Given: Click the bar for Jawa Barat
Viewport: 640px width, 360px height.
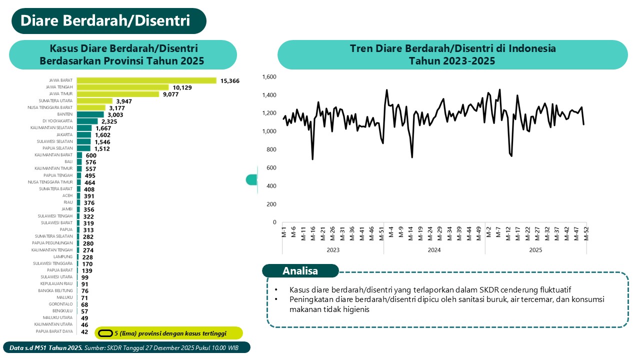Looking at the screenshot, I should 146,80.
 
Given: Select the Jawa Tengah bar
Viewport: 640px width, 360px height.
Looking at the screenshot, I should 122,87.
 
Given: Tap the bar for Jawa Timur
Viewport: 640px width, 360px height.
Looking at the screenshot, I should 117,94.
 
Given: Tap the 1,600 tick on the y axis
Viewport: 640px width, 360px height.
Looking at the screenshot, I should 268,77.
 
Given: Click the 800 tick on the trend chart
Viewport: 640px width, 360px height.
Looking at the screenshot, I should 271,149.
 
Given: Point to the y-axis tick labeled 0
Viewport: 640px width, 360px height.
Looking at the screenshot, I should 274,222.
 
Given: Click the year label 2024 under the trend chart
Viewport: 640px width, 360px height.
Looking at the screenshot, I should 434,250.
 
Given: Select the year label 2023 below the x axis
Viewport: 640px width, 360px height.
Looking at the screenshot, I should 332,250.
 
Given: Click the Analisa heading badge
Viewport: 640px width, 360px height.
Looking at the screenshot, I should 300,271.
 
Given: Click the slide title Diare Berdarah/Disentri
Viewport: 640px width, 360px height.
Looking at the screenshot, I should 105,21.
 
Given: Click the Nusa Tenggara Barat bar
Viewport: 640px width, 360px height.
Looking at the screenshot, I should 91,107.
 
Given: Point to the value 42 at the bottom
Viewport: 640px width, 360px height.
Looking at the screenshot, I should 84,331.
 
